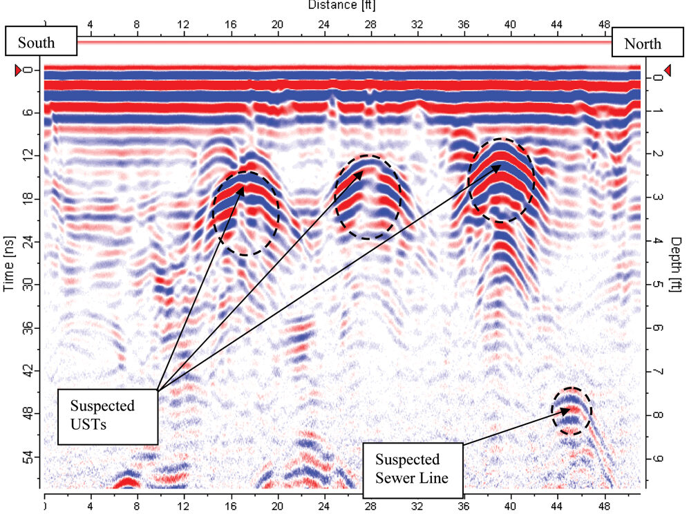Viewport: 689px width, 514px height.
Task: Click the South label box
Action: click(39, 43)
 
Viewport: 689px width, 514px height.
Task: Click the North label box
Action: click(642, 44)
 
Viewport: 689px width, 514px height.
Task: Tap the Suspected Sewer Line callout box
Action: click(412, 469)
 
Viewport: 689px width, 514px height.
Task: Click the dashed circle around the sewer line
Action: click(572, 411)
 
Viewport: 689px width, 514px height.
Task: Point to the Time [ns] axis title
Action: click(10, 262)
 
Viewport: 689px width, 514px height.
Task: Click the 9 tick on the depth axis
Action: click(657, 458)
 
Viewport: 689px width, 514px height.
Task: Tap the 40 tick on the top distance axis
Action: click(510, 23)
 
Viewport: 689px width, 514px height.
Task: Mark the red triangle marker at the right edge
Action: click(668, 70)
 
